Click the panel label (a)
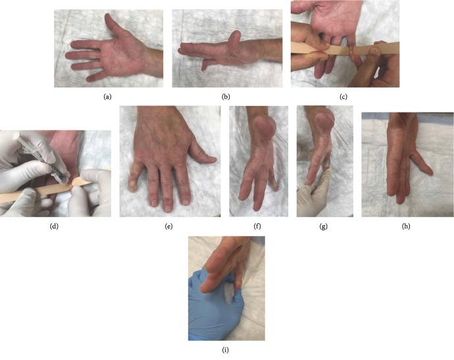107,97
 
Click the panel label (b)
226,97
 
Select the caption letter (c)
344,97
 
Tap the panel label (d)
55,226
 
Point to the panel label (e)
169,226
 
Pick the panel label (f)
258,226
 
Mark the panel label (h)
406,226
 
